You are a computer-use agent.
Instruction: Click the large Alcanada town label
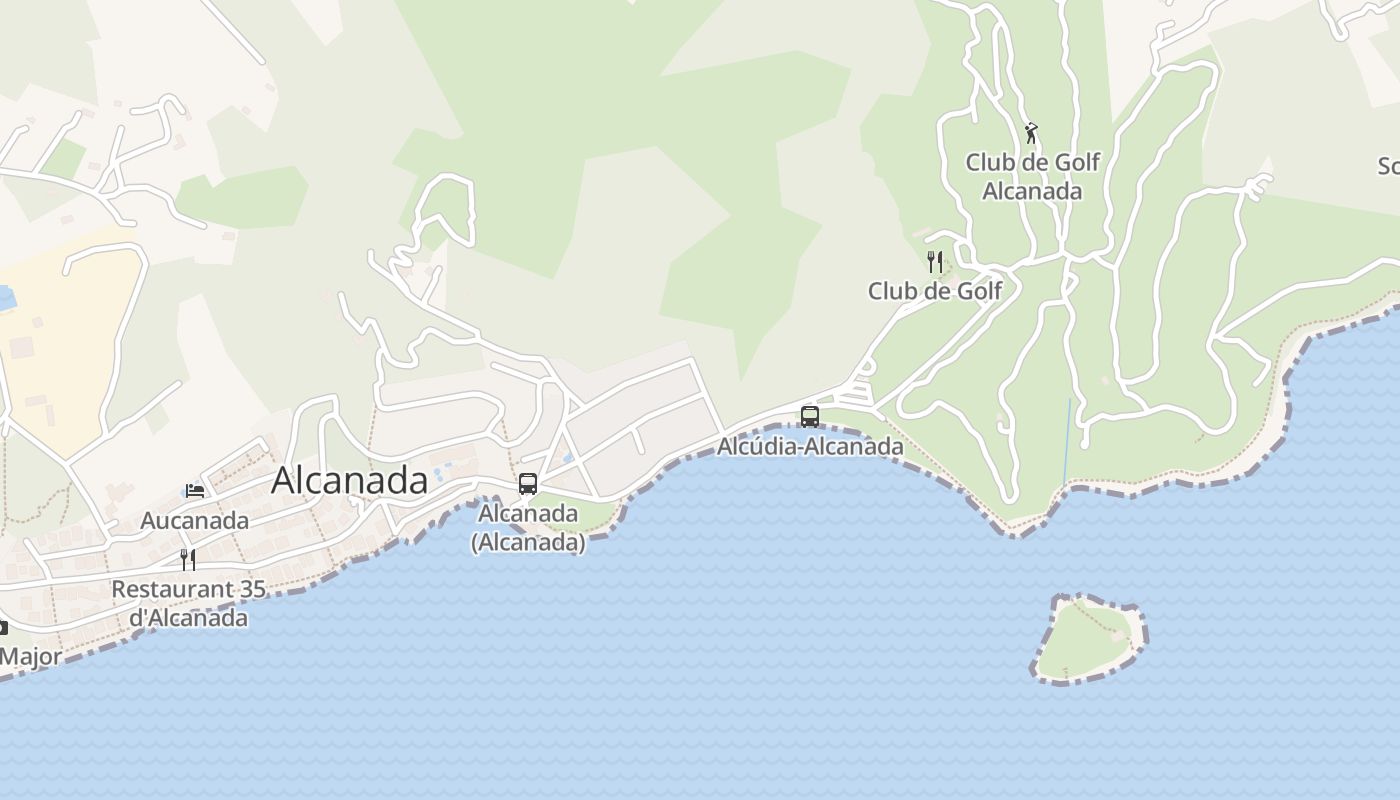349,481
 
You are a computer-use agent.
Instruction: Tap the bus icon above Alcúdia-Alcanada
810,416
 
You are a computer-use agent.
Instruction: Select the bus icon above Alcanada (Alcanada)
528,484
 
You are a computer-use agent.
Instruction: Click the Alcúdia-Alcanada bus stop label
810,446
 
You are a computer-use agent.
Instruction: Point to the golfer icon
1031,132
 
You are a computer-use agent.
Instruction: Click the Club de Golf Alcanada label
1032,176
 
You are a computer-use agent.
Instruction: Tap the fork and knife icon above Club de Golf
935,262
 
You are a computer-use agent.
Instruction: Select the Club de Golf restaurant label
934,291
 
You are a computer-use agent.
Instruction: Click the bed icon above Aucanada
195,491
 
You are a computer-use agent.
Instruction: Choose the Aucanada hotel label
194,521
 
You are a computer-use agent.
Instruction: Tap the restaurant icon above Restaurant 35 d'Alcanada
187,559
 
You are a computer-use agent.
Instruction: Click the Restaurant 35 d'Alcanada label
188,603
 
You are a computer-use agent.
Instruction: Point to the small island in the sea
1088,640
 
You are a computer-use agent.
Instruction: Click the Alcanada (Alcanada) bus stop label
528,527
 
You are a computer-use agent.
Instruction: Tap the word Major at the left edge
30,657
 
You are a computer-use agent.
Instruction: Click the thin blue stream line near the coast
1067,440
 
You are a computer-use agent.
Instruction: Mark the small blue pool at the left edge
5,297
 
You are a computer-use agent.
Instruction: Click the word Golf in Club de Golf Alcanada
1072,162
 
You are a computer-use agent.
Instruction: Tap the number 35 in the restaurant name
253,589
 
